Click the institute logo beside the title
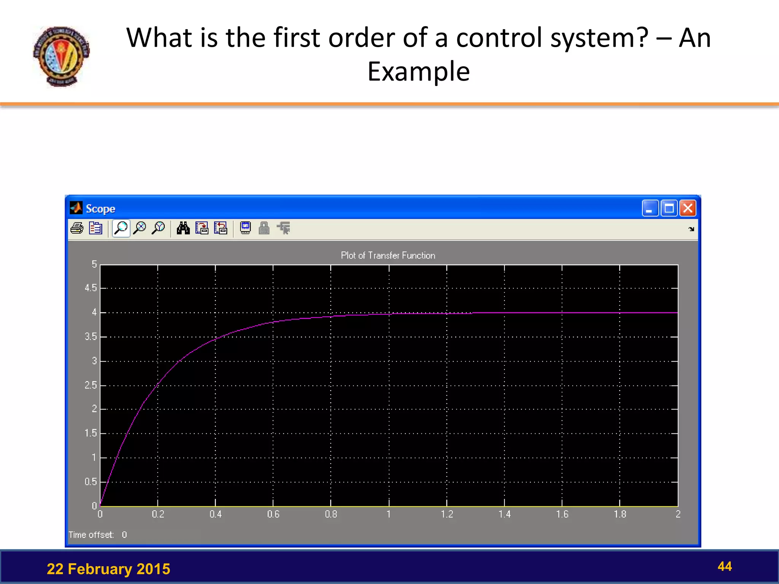(61, 56)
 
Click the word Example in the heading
(418, 71)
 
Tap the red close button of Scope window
(688, 208)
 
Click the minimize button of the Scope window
(650, 208)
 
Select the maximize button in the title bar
(669, 208)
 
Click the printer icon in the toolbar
(77, 228)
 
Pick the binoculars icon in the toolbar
(183, 228)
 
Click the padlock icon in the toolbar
(264, 228)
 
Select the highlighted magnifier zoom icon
(121, 228)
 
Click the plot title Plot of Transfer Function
(388, 255)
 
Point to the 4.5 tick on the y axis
(91, 288)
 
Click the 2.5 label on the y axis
(91, 386)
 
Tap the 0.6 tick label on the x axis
(273, 514)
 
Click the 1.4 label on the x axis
(504, 514)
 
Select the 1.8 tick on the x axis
(620, 514)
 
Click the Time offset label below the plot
(91, 535)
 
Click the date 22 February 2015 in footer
(108, 569)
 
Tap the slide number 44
(724, 567)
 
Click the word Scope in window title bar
(100, 209)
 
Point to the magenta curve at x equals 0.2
(157, 386)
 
